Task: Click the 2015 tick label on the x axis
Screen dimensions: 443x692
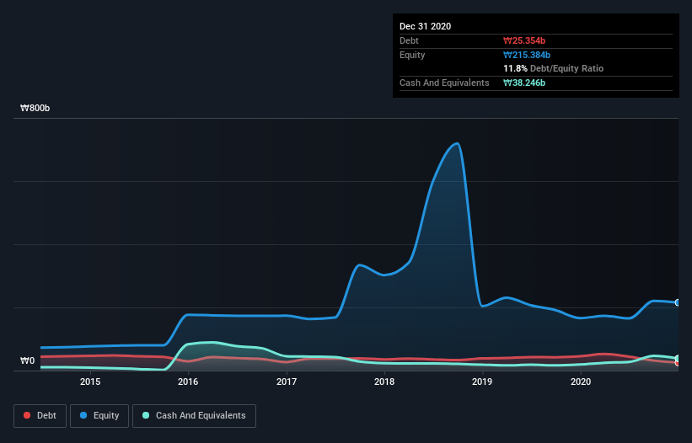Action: pos(90,382)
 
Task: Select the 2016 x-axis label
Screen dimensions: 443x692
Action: pos(188,382)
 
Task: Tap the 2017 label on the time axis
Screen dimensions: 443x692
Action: pos(287,382)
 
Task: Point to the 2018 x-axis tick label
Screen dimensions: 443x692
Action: pos(384,382)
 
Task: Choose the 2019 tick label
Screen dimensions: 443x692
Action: pos(483,382)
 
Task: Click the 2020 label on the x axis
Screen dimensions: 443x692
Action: pos(581,382)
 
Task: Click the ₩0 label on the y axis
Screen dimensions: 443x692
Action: pos(28,361)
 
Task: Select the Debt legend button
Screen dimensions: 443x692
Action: pos(40,415)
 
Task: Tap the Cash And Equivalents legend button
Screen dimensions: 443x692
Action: pos(194,415)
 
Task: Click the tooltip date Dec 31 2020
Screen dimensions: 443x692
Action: pos(426,26)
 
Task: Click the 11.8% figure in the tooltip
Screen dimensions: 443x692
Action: pos(516,68)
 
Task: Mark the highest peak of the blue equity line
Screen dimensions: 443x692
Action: pos(457,143)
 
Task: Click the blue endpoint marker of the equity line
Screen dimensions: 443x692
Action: pos(678,302)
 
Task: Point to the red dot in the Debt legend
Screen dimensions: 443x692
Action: pos(28,415)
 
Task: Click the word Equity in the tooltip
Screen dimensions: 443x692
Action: pos(413,55)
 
